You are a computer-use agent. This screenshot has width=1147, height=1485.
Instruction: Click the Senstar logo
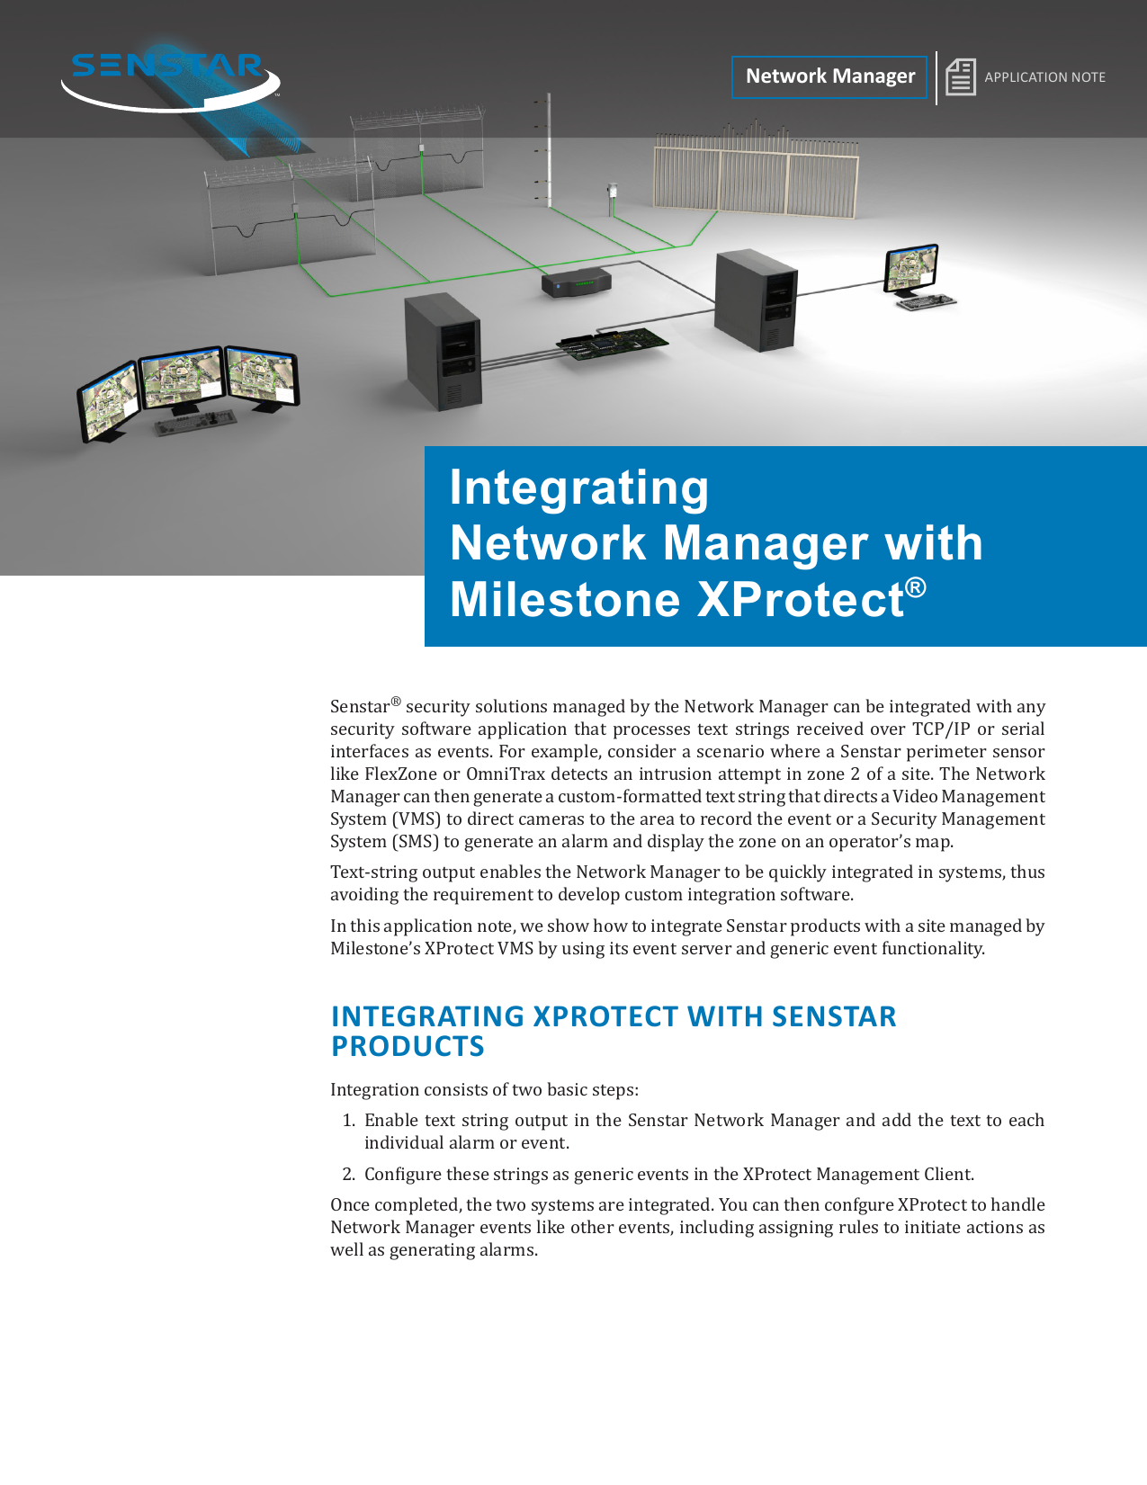pos(170,81)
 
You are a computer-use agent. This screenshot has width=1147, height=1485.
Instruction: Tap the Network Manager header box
pos(829,76)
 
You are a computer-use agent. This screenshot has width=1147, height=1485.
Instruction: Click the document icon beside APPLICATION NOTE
pos(960,76)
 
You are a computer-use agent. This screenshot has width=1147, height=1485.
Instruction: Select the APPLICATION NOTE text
pos(1044,77)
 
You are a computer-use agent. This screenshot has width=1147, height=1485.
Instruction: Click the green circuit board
pos(612,343)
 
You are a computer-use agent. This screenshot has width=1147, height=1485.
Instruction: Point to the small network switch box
pos(577,282)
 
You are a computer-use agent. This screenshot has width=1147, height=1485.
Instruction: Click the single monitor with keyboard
pos(916,277)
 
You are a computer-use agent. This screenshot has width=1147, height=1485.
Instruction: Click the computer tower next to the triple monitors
pos(443,352)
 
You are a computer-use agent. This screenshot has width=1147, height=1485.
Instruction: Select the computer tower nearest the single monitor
pos(756,300)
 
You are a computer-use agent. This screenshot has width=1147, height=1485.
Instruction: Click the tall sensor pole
pos(548,150)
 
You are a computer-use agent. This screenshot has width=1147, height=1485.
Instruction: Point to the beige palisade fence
pos(756,171)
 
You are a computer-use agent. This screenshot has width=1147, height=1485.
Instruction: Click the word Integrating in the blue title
pos(578,488)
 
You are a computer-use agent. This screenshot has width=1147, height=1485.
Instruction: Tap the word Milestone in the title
pos(565,599)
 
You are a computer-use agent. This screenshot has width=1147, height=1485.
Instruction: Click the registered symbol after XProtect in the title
pos(915,587)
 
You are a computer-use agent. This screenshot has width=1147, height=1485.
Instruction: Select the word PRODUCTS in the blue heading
pos(408,1046)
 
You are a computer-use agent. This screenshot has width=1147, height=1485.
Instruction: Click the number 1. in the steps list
pos(349,1120)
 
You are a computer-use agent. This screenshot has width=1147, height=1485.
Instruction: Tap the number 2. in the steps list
pos(349,1174)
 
